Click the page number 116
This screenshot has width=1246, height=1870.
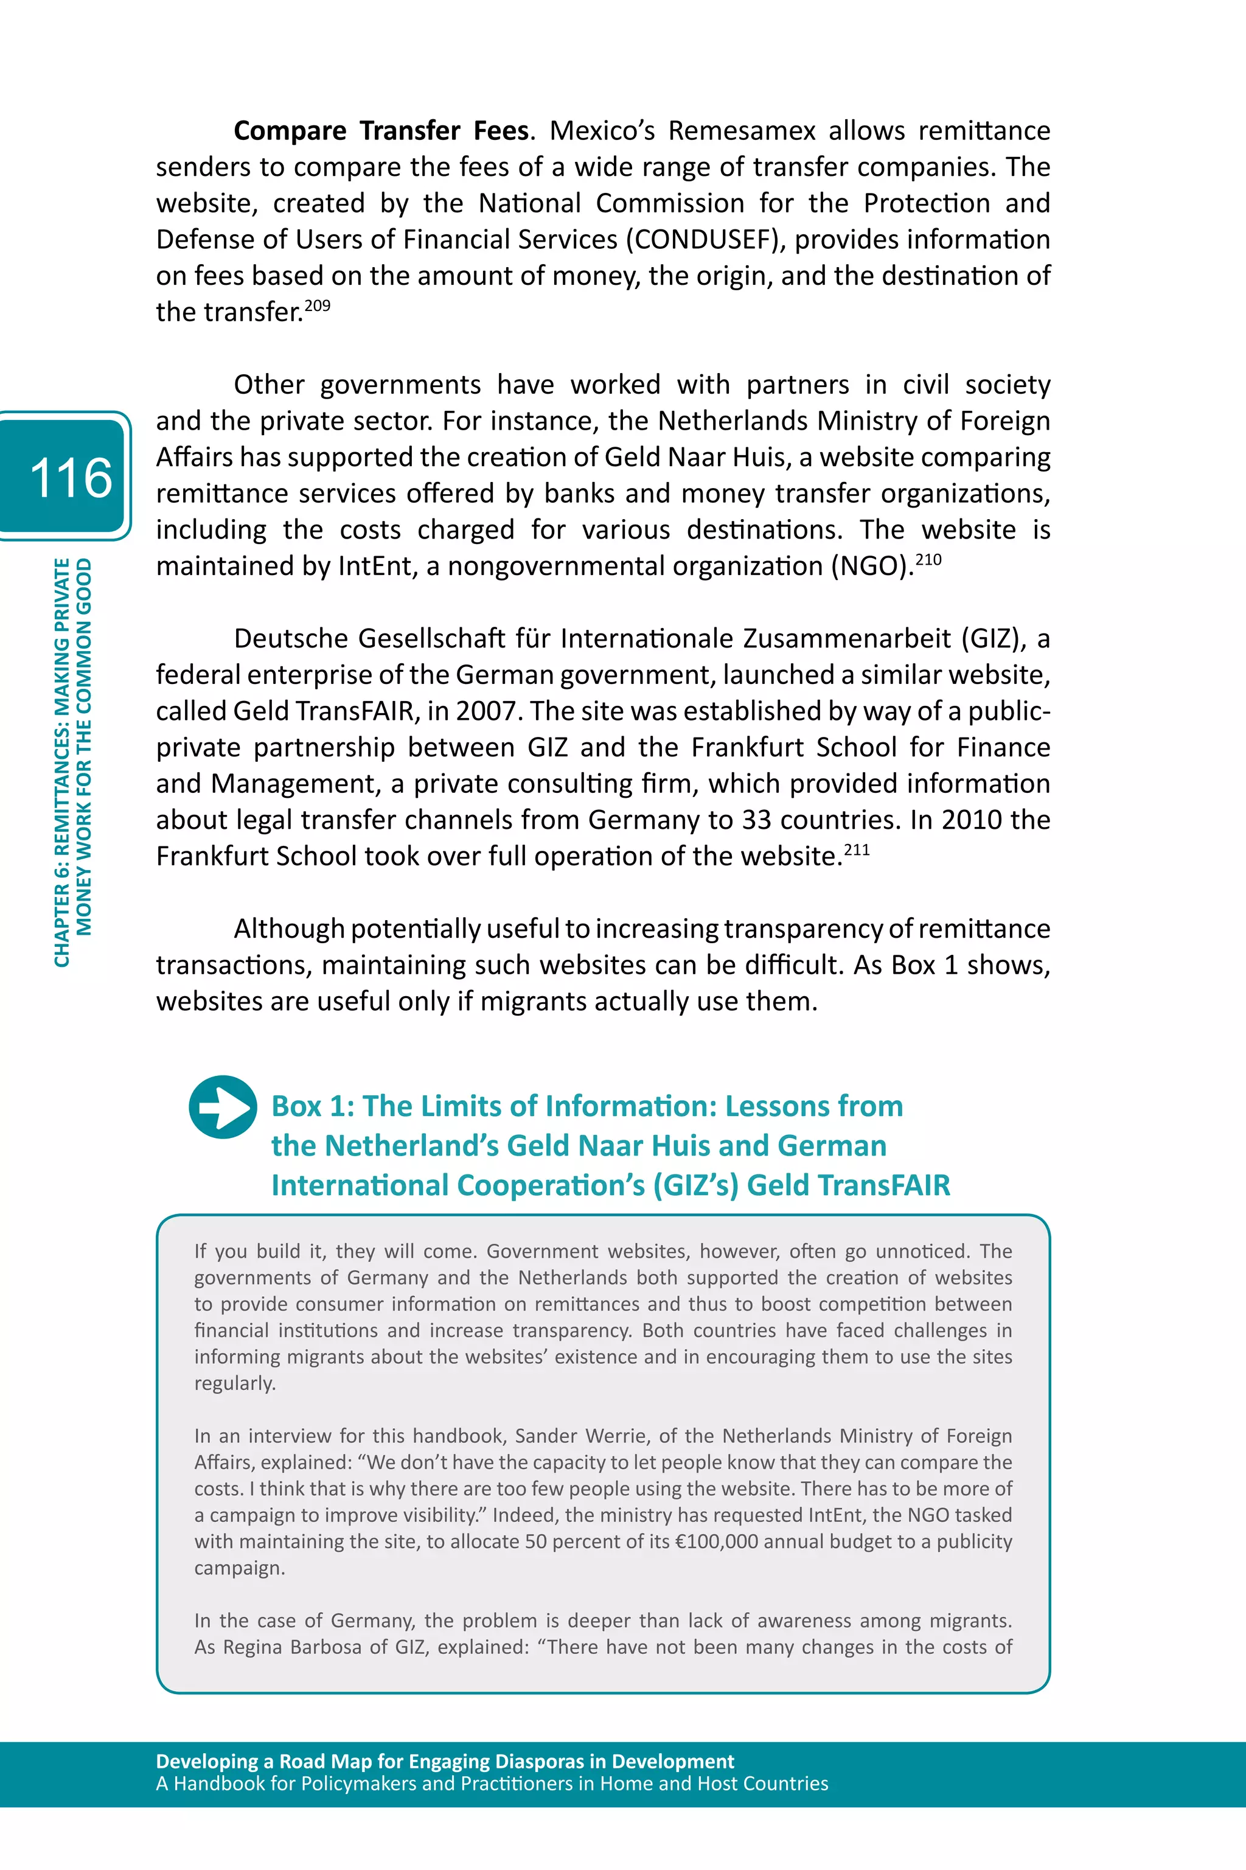70,478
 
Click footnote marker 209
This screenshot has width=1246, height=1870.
317,306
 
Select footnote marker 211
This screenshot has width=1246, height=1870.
857,850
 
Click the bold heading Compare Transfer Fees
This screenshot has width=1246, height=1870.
381,130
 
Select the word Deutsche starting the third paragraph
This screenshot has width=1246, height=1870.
291,638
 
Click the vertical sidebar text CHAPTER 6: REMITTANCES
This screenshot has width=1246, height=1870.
62,763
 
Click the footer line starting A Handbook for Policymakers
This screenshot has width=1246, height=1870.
492,1784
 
